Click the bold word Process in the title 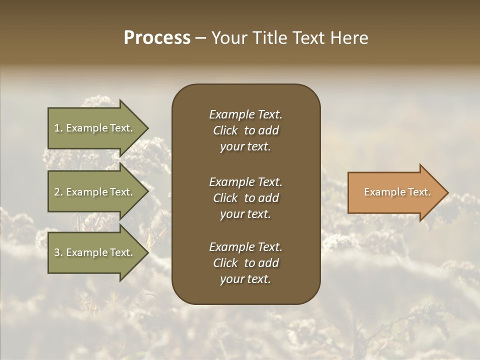(157, 38)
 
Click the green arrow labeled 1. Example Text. (95, 128)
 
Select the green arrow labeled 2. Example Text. (95, 192)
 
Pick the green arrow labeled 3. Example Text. (95, 252)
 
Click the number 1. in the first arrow (58, 128)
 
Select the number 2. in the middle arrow (58, 192)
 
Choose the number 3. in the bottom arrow (58, 252)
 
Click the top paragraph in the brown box (245, 130)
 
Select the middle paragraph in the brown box (245, 198)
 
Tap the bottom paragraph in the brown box (245, 263)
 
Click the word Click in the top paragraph (225, 130)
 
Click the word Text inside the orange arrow (419, 192)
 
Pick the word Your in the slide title (228, 38)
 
